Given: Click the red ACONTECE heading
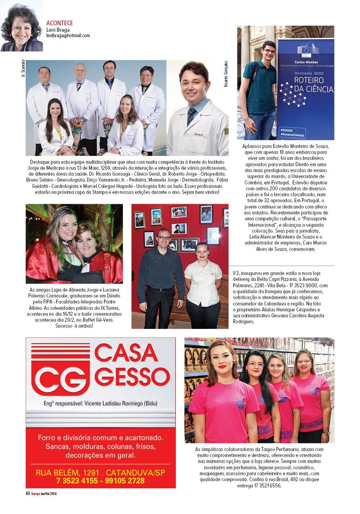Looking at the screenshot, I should [59, 23].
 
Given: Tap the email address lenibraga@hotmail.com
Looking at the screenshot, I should [68, 36].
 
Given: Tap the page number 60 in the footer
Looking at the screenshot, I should [28, 493].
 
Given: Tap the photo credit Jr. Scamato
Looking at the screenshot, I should [23, 68].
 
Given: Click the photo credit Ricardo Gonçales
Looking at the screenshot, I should [226, 74].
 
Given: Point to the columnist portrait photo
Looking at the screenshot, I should [21, 26].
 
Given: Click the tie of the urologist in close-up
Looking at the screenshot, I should [192, 115].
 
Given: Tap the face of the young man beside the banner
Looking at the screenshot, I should [269, 51].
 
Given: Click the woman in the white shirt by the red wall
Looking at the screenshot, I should [203, 285].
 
